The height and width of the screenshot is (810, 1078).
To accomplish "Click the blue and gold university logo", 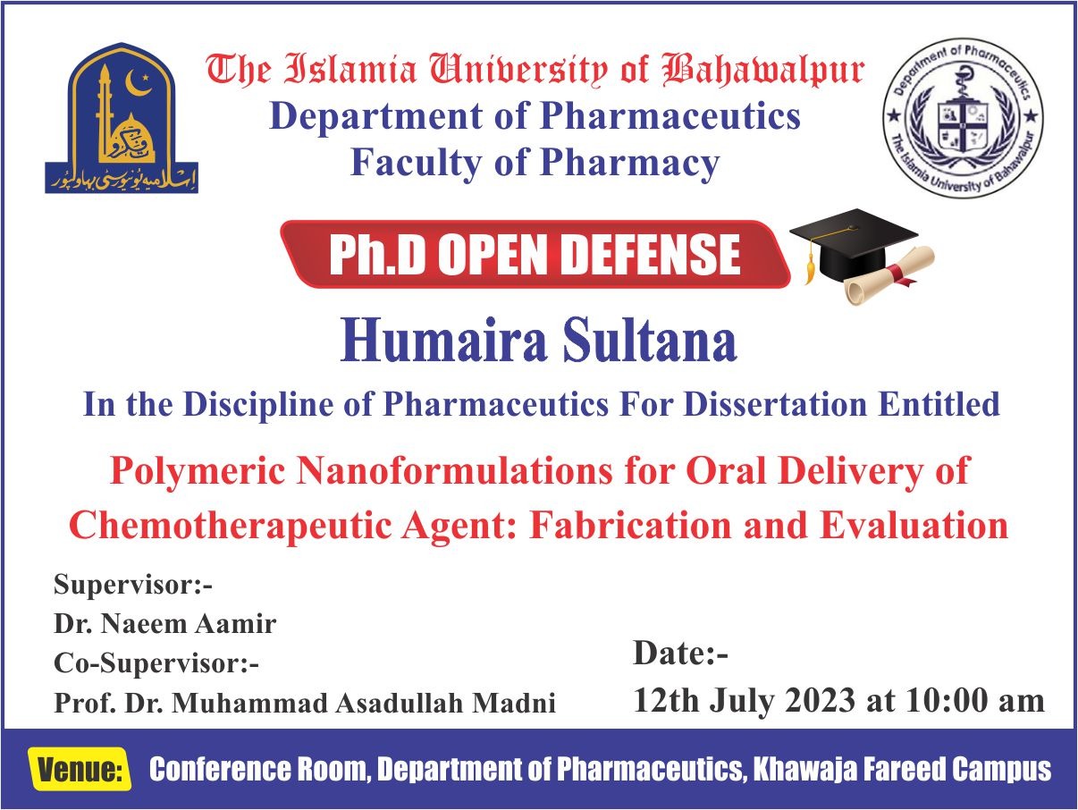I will (x=122, y=117).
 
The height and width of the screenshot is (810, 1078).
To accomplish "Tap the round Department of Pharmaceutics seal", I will (x=963, y=117).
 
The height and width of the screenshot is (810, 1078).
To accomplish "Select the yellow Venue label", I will (x=80, y=770).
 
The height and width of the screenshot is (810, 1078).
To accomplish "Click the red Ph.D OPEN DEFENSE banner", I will (x=535, y=255).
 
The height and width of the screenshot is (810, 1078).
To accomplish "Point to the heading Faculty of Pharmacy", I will (x=535, y=163).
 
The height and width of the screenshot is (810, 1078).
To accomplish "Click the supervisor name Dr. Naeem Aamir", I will (x=165, y=624).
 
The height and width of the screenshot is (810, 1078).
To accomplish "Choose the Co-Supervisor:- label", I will (x=156, y=663).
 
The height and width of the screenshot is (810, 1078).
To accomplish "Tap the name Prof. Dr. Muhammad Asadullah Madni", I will (x=305, y=703).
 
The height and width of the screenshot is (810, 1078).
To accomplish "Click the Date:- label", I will (x=681, y=654).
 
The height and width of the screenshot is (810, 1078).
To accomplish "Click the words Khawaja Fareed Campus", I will (x=903, y=770).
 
